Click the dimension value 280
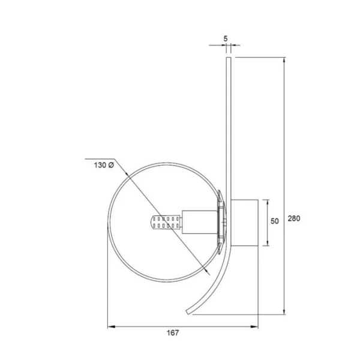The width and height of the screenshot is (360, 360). [294, 218]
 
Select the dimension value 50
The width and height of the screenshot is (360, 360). [275, 221]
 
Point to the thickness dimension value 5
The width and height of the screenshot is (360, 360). [226, 38]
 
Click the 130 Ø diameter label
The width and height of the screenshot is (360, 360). [103, 164]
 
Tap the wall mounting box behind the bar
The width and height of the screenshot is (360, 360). [244, 222]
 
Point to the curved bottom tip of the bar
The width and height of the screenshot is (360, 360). [188, 311]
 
